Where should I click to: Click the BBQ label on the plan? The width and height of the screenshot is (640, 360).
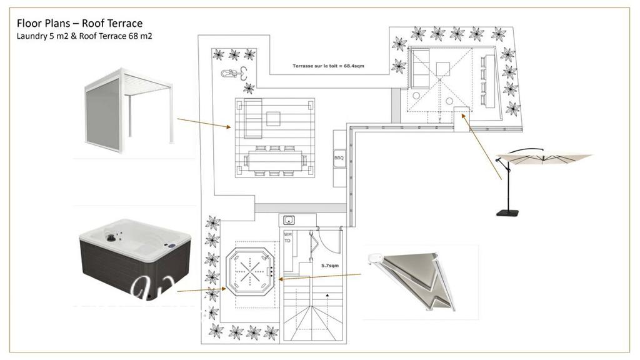click(x=339, y=158)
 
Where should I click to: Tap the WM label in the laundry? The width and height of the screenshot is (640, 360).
click(x=288, y=234)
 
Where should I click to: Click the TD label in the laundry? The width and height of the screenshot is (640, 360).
click(x=287, y=241)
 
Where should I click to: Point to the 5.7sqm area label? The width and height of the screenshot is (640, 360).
click(x=330, y=265)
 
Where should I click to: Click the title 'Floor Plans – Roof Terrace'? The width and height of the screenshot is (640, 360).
click(x=79, y=23)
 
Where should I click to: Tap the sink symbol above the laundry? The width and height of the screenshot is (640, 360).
click(x=289, y=219)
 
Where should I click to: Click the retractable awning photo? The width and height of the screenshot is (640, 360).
click(x=419, y=281)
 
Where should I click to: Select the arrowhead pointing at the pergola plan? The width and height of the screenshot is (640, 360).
click(x=229, y=127)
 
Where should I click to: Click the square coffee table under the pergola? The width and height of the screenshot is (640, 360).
click(x=274, y=118)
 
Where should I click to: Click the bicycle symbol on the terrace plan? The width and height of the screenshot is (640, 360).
click(x=232, y=74)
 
